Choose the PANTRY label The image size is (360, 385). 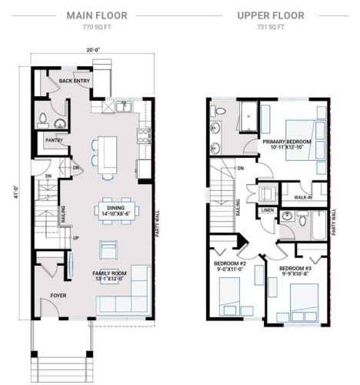[53, 140]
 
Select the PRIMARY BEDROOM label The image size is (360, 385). [286, 142]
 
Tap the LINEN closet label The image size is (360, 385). [268, 209]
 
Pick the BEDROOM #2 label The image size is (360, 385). [229, 264]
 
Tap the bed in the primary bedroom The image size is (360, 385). [302, 142]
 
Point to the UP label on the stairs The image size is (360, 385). [75, 237]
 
